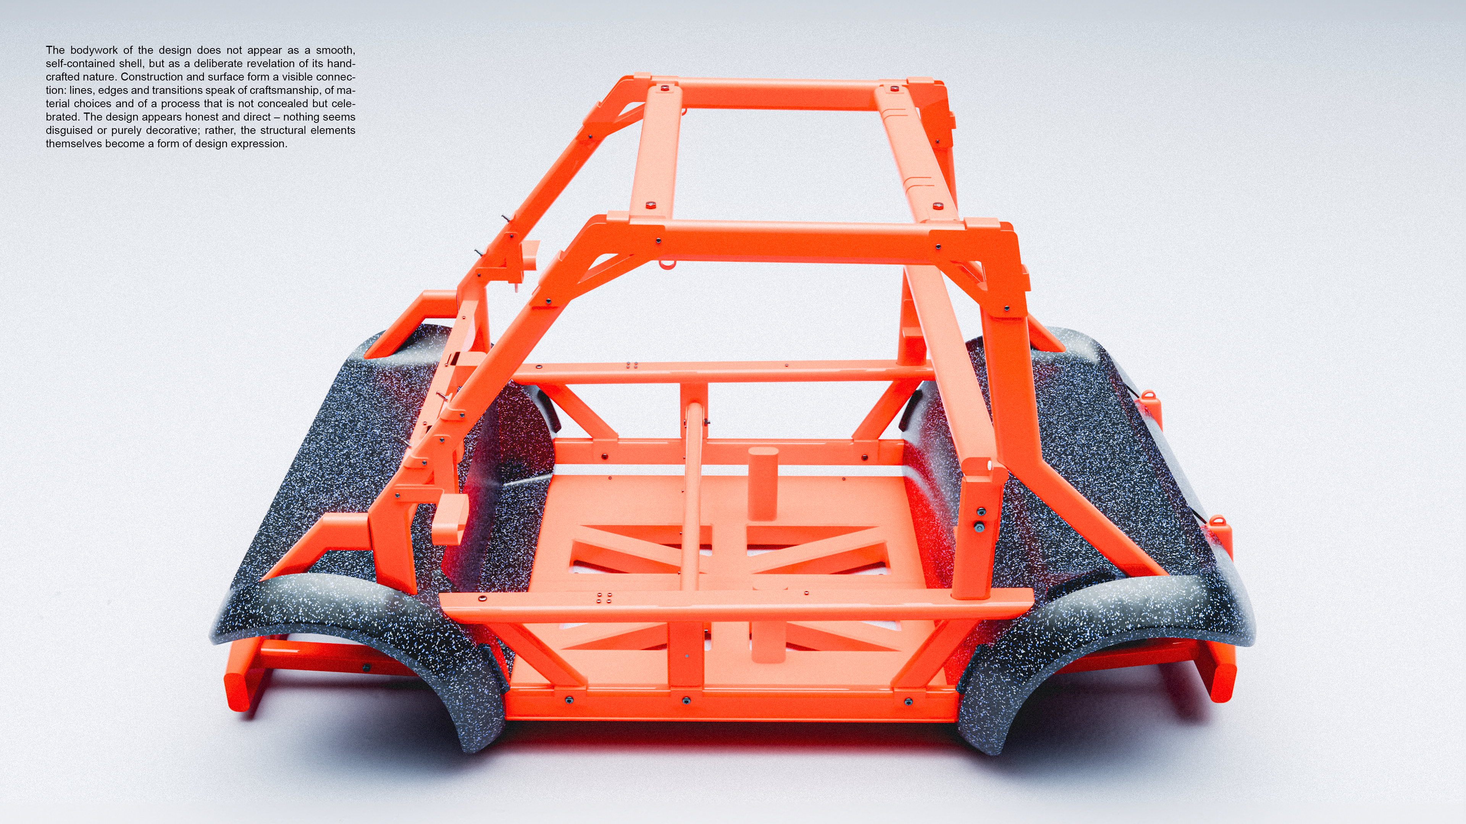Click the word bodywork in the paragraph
point(94,50)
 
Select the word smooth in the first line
point(336,50)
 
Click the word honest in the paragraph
point(203,117)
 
